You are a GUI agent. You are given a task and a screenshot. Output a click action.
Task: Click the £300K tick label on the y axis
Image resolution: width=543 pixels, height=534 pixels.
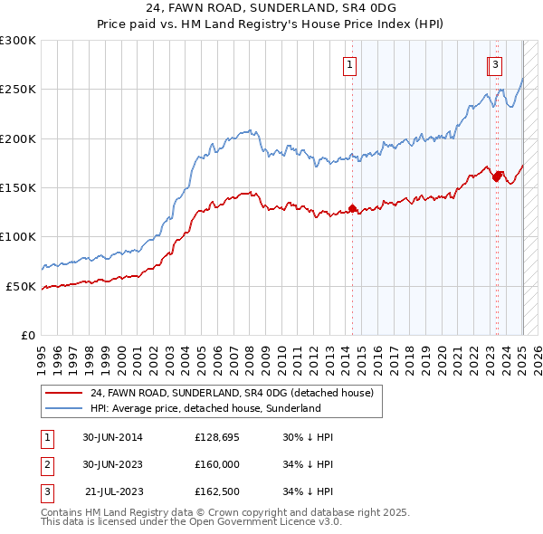point(18,41)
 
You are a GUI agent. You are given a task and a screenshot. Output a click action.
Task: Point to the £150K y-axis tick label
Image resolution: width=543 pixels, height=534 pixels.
point(18,188)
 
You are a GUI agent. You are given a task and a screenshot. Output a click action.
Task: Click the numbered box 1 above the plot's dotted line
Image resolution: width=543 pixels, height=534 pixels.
point(349,64)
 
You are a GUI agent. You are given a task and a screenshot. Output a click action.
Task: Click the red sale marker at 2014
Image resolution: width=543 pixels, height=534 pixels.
point(352,209)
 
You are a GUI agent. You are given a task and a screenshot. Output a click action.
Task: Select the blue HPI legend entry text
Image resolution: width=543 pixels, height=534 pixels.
point(205,409)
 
